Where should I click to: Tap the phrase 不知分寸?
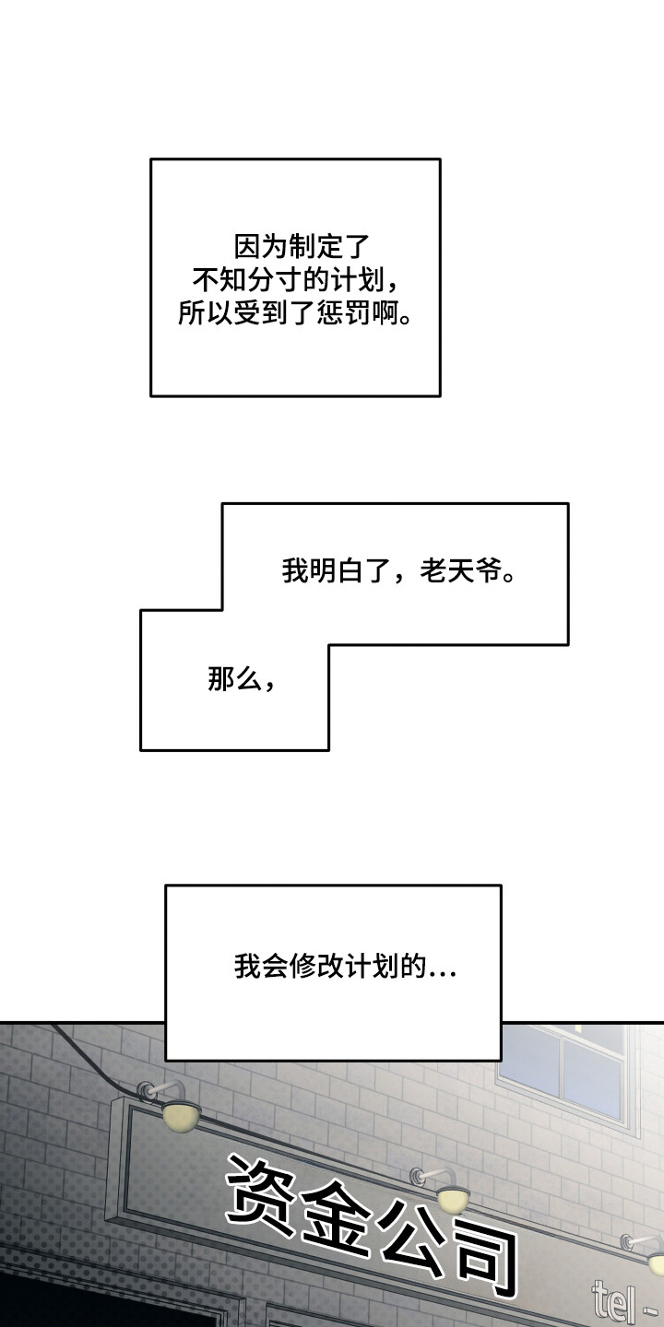(x=242, y=280)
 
